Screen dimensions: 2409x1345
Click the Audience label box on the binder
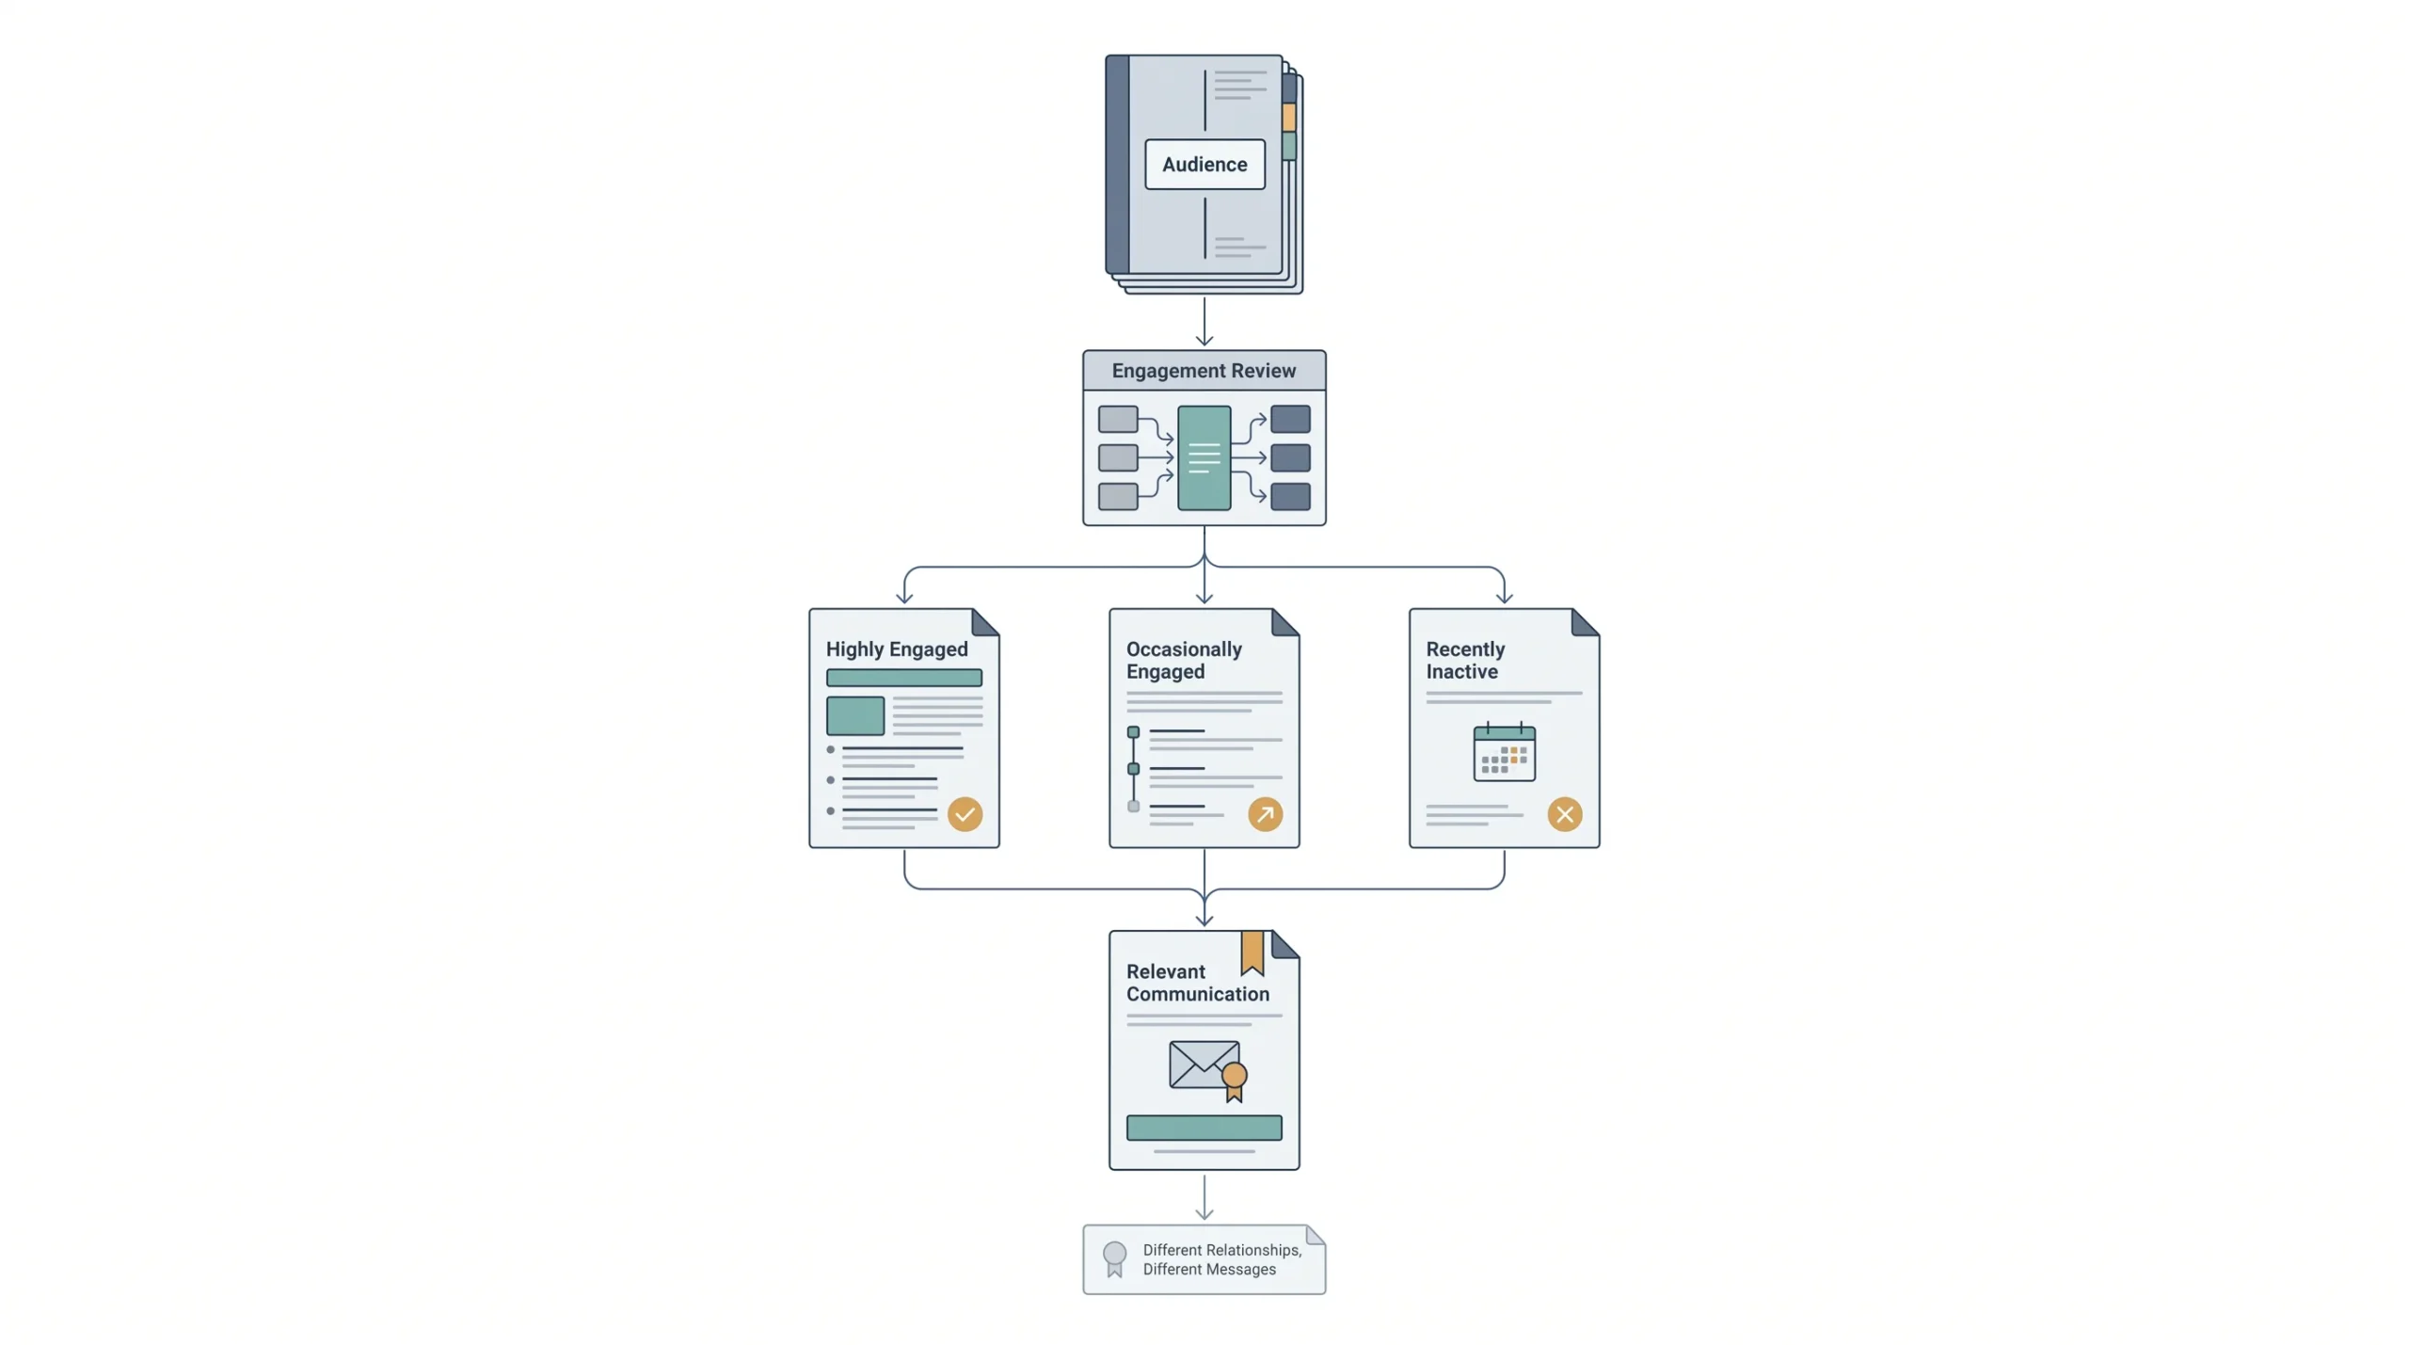point(1204,164)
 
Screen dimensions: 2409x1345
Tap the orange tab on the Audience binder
point(1288,117)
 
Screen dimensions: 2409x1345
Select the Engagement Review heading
point(1204,371)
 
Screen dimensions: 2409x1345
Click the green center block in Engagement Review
point(1204,457)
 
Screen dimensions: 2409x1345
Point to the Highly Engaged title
point(897,649)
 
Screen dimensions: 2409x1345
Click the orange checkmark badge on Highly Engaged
point(965,814)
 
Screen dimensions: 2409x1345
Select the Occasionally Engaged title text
point(1184,660)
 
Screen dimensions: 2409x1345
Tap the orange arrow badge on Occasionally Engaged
point(1265,814)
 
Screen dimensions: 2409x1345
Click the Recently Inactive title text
point(1465,660)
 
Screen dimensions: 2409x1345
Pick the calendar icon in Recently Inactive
point(1504,752)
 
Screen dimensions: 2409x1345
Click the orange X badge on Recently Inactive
point(1565,814)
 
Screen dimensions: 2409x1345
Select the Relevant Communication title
point(1197,983)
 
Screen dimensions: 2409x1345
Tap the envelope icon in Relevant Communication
point(1204,1065)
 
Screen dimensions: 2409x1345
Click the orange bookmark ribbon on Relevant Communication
point(1252,953)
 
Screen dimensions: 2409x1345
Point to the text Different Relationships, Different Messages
point(1222,1259)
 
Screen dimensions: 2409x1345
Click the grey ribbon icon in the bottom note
point(1114,1258)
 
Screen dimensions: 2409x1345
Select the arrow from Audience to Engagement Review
point(1204,322)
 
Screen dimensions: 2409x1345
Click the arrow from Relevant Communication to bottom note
point(1204,1196)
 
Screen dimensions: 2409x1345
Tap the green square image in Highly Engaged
point(854,715)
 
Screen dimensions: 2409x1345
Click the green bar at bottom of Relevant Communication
point(1204,1128)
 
